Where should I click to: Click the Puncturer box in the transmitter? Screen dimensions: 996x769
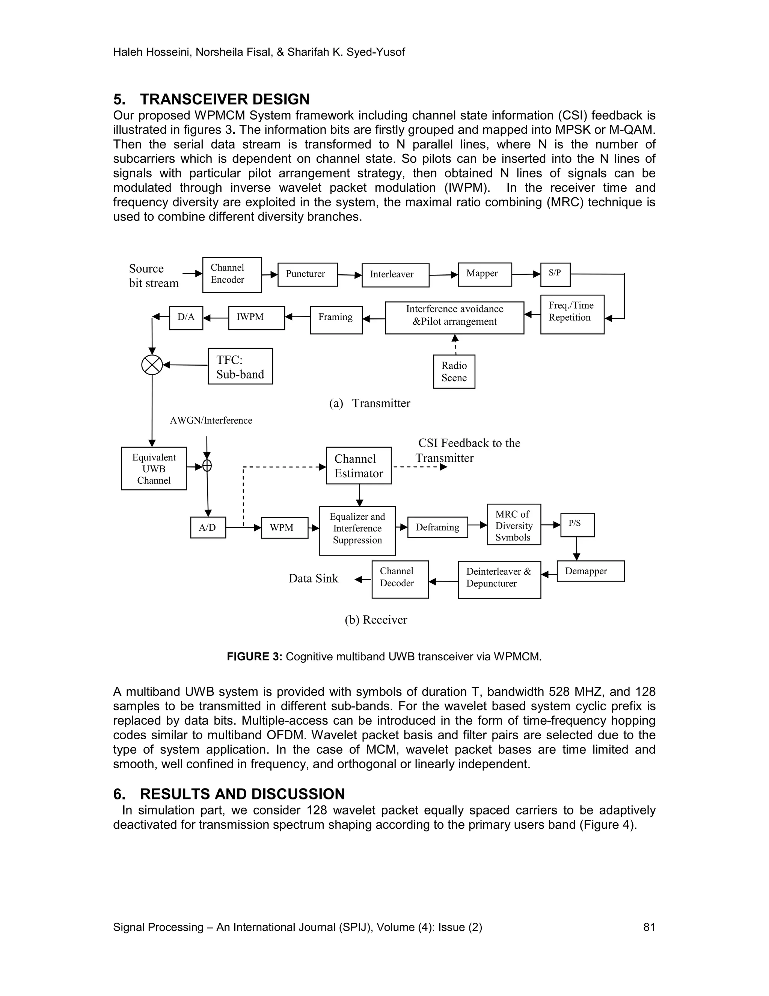pos(308,274)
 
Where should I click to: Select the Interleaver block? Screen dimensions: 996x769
pos(395,275)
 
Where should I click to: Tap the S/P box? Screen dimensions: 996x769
pos(555,274)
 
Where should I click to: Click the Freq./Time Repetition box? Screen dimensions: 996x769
pos(572,314)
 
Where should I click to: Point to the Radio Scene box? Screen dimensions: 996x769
pos(454,372)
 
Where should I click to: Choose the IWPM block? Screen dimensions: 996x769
pos(256,318)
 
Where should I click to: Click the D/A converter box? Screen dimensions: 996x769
pos(186,318)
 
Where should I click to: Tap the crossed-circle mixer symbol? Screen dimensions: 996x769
pos(152,365)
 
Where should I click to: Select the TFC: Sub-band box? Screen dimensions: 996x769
pos(240,366)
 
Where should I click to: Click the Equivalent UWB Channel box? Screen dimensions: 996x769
pos(154,468)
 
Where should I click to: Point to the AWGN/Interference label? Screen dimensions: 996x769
pos(211,421)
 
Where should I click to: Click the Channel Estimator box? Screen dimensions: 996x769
pos(359,466)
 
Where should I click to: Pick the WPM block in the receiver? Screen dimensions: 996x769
pos(284,528)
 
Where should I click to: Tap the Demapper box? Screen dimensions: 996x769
pos(590,571)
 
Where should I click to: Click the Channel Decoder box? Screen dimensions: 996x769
pos(400,579)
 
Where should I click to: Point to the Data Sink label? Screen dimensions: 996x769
pos(314,579)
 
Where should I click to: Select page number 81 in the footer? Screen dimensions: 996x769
pos(649,927)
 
